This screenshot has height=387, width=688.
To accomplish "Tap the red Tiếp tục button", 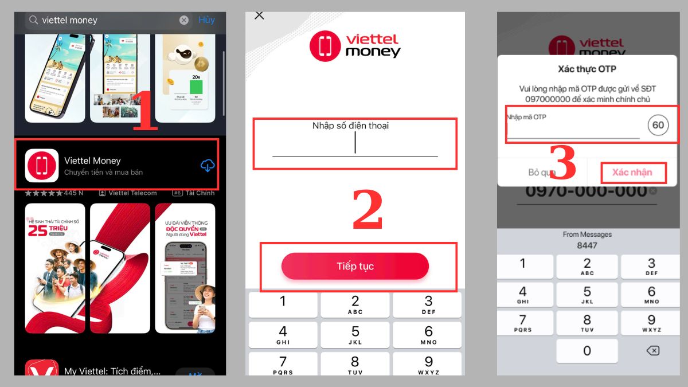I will (x=355, y=266).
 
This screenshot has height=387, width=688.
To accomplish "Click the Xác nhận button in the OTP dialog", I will (x=632, y=173).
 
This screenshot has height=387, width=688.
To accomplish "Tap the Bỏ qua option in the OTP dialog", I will (x=541, y=173).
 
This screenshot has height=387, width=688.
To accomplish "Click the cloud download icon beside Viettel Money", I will (x=207, y=166).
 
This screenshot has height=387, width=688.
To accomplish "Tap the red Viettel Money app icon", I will (x=42, y=166).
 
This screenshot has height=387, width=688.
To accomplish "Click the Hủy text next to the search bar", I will (x=206, y=19).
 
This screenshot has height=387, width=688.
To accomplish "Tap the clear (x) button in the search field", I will (x=183, y=20).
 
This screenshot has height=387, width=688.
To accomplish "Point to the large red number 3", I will (x=562, y=163).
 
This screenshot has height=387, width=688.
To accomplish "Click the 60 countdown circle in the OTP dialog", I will (x=658, y=125).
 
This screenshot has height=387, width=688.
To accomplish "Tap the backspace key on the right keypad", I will (x=652, y=350).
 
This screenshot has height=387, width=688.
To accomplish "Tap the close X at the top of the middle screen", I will (x=259, y=15).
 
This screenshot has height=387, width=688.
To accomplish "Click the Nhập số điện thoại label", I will (x=350, y=126).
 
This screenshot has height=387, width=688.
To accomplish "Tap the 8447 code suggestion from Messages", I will (x=587, y=245).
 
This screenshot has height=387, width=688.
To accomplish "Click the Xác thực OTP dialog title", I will (x=587, y=69).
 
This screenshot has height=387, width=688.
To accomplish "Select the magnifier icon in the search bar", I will (x=34, y=20).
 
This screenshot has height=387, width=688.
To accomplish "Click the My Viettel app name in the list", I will (x=112, y=371).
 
